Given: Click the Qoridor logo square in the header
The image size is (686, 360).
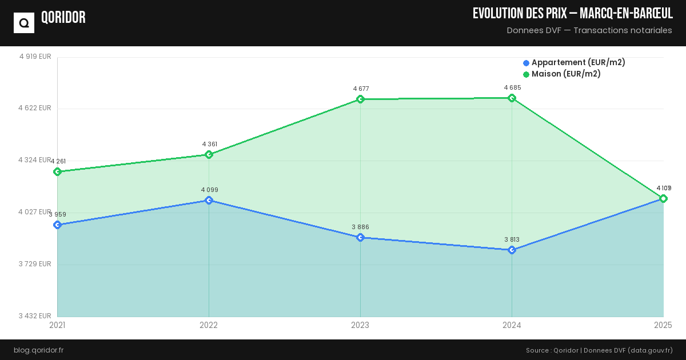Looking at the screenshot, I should coord(24,23).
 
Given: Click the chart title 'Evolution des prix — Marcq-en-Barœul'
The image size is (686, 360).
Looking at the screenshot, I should coord(572,14).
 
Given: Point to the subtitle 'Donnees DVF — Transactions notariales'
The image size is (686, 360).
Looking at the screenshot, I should coord(589,30).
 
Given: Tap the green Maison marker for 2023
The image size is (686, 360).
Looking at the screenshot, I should coord(360,99).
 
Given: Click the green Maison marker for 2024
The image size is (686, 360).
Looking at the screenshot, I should coord(512,98).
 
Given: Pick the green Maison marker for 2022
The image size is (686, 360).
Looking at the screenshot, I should coord(209,154).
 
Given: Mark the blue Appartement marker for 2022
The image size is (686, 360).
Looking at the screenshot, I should coord(209,200).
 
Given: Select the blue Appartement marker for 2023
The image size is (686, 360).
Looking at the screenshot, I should coord(360,237).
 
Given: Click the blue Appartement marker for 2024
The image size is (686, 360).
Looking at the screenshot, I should coord(512,250).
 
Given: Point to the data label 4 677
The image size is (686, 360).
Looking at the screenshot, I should coord(361,89).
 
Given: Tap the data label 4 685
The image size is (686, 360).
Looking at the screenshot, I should coord(512,87).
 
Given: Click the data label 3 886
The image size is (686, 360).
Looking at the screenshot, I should coord(360,227).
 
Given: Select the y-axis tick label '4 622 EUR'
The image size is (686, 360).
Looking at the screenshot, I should coord(35,108).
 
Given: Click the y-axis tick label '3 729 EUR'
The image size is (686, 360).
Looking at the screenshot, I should coord(35,263).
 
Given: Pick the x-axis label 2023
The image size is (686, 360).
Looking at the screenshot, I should coord(360,325).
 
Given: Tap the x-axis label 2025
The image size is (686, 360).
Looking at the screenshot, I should coord(663,325).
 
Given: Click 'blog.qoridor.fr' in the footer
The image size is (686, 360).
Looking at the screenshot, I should coord(38,350).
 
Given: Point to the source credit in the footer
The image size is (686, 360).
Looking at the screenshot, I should coord(599,350).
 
